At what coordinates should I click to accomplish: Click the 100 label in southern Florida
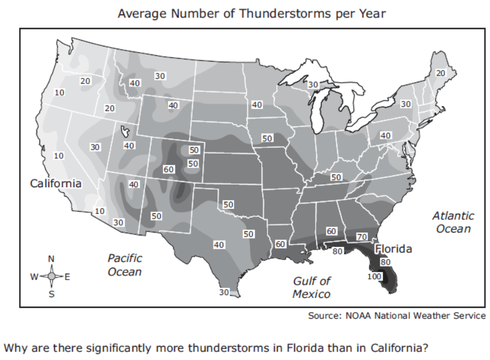[x=375, y=277]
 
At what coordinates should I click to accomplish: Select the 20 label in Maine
[x=441, y=73]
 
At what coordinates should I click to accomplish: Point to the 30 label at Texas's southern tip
[x=224, y=292]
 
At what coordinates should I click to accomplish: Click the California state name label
[x=56, y=183]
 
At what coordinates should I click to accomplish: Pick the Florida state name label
[x=393, y=249]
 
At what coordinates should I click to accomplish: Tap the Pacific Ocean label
[x=125, y=265]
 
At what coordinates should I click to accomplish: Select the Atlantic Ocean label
[x=453, y=222]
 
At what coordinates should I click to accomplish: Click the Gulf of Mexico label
[x=311, y=287]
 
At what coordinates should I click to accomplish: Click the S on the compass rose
[x=51, y=294]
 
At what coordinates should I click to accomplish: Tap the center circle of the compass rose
[x=51, y=277]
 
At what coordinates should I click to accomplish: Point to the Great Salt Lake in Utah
[x=124, y=132]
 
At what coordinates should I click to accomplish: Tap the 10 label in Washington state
[x=59, y=92]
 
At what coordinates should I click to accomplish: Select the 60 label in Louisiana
[x=280, y=244]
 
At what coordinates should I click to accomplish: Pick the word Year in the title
[x=372, y=13]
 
